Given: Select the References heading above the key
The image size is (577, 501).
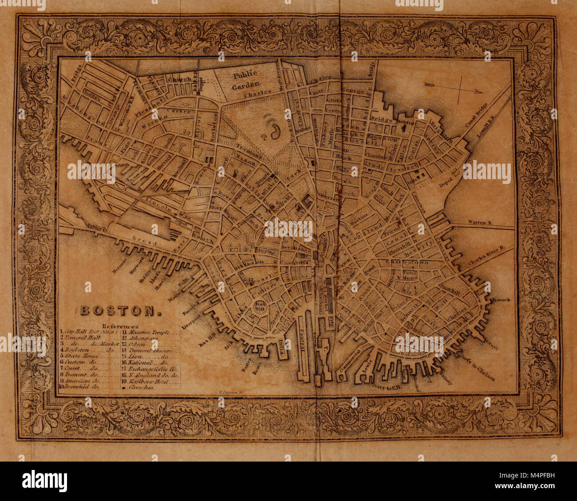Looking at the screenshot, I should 120,326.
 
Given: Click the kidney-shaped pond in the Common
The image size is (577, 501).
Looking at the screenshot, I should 275,131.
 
